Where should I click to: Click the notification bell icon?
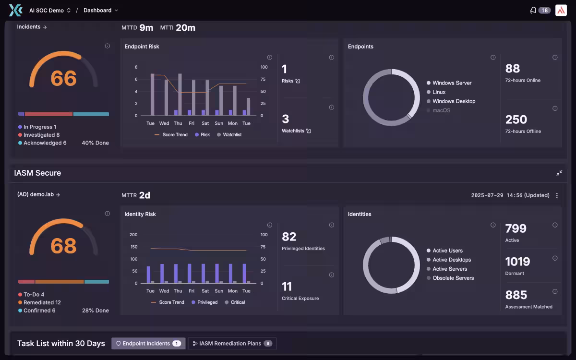tap(533, 10)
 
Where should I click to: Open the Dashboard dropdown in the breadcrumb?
tap(100, 10)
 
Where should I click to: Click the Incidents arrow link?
tap(32, 27)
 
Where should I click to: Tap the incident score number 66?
tap(63, 78)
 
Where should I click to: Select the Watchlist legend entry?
tap(229, 134)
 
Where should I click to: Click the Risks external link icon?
tap(298, 81)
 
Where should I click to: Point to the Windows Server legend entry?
tap(449, 83)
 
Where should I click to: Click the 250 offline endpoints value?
tap(516, 120)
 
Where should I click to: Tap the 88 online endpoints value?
tap(513, 68)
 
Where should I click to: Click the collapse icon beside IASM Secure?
tap(559, 173)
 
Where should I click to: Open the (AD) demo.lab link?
tap(38, 194)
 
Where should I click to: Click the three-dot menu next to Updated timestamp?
tap(557, 195)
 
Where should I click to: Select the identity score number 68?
tap(63, 246)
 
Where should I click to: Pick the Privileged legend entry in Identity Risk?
tap(204, 302)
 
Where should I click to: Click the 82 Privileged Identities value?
tap(289, 237)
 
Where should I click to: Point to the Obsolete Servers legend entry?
tap(450, 278)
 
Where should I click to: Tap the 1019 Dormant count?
tap(517, 262)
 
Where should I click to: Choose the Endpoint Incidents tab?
tap(148, 343)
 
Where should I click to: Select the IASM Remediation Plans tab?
tap(232, 343)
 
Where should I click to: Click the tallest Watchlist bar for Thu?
tap(180, 95)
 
